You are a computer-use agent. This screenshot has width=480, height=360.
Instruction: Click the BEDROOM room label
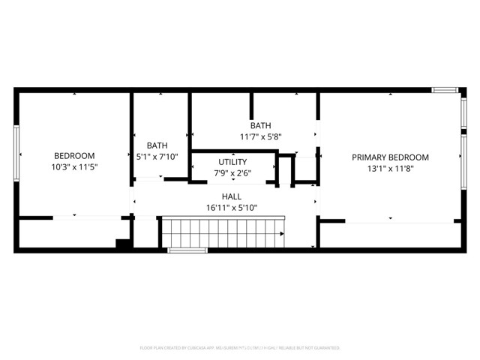pos(74,156)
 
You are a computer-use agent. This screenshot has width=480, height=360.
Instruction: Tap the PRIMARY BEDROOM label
pos(390,157)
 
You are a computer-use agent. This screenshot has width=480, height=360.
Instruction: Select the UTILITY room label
pos(232,162)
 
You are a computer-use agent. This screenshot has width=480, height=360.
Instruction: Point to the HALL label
pos(231,196)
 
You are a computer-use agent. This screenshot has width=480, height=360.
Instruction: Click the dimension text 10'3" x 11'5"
pos(74,168)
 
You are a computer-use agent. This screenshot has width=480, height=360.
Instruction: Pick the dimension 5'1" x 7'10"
pos(157,157)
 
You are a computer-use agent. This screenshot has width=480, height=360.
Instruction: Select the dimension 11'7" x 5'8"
pos(260,137)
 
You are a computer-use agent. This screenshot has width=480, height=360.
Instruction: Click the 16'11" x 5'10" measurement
pos(231,208)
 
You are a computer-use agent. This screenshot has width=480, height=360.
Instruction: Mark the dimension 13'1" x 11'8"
pos(390,169)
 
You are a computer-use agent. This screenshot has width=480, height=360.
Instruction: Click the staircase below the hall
pos(223,232)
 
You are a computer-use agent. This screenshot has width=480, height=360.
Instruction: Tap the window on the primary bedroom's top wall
pos(445,90)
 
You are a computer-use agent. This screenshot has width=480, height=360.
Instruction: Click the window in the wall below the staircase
pos(187,250)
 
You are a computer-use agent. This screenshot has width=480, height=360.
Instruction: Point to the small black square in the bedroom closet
pos(121,243)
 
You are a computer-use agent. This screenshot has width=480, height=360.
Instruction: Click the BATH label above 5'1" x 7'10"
pos(157,145)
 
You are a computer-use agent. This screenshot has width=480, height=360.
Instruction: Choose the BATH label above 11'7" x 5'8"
pos(260,126)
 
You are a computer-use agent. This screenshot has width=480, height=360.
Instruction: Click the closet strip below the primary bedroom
pos(390,235)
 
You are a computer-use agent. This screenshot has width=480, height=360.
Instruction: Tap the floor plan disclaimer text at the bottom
pos(240,348)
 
